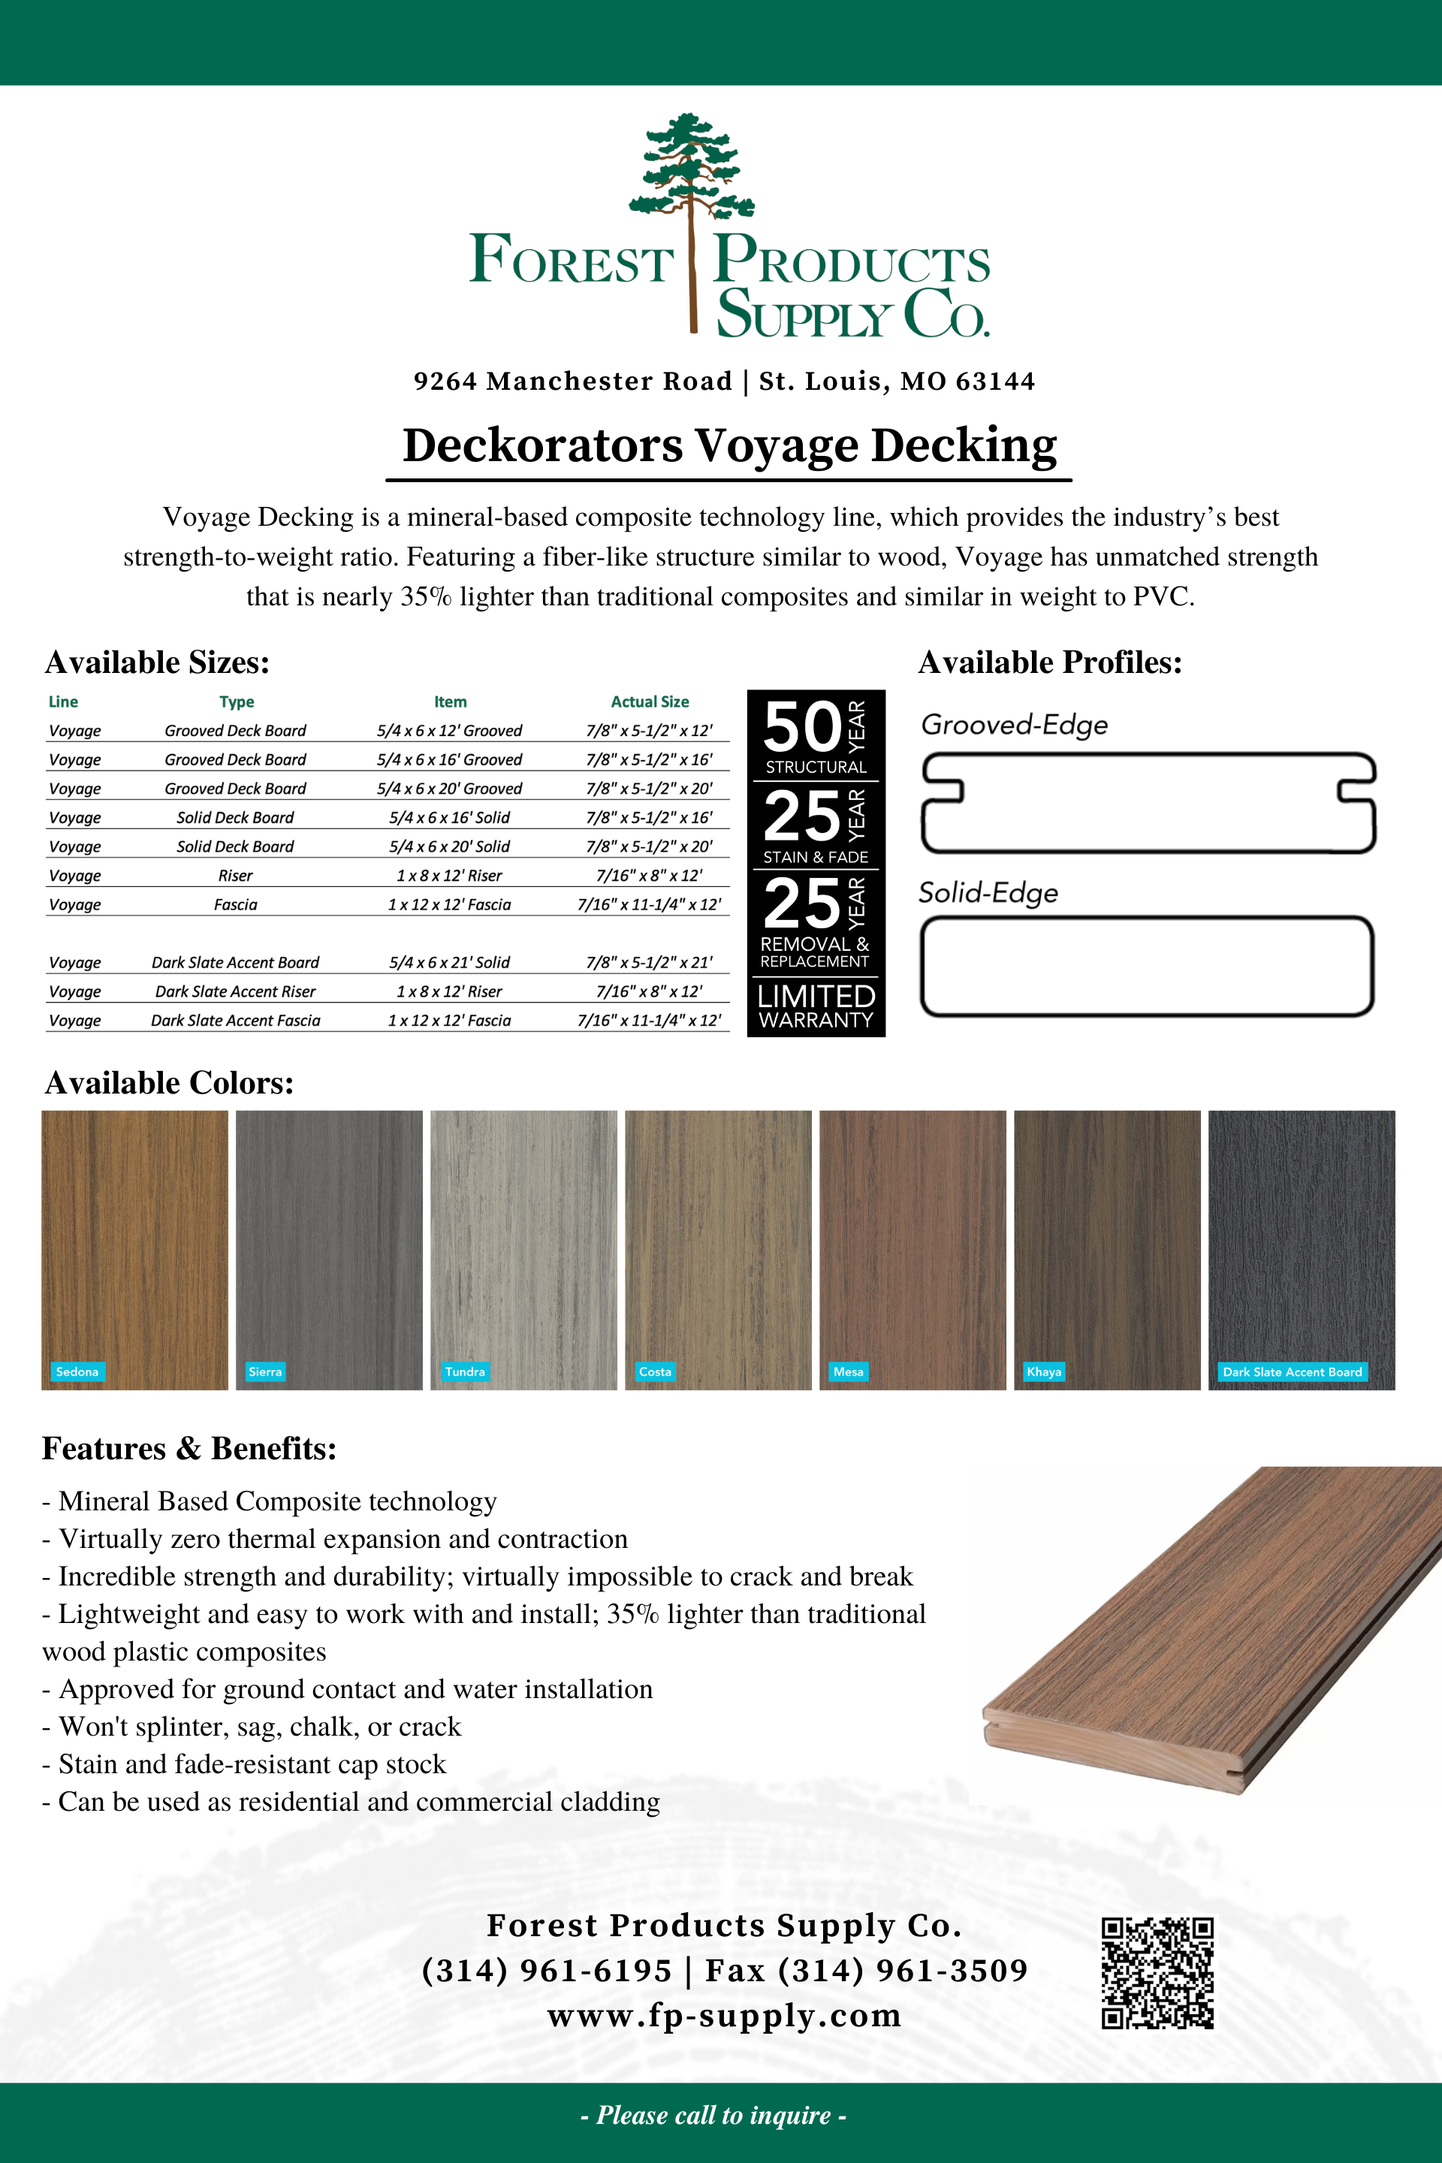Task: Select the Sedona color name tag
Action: pyautogui.click(x=77, y=1371)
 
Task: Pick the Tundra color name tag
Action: pyautogui.click(x=464, y=1371)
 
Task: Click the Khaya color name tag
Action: pyautogui.click(x=1044, y=1371)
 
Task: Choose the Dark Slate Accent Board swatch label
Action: pyautogui.click(x=1291, y=1371)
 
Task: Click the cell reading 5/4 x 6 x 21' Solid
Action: pyautogui.click(x=449, y=962)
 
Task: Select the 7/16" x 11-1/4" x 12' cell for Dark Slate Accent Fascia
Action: pyautogui.click(x=649, y=1020)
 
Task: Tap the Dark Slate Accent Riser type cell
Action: pyautogui.click(x=235, y=991)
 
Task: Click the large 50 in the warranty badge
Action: pyautogui.click(x=802, y=726)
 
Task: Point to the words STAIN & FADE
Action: pyautogui.click(x=816, y=857)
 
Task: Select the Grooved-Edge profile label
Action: pyautogui.click(x=1015, y=725)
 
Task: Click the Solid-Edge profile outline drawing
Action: pyautogui.click(x=1147, y=966)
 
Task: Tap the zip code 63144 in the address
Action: pyautogui.click(x=995, y=381)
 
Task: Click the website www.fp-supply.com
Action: pyautogui.click(x=724, y=2015)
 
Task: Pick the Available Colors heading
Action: pyautogui.click(x=169, y=1082)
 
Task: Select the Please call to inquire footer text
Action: pyautogui.click(x=713, y=2114)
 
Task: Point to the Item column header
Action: pyautogui.click(x=451, y=701)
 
